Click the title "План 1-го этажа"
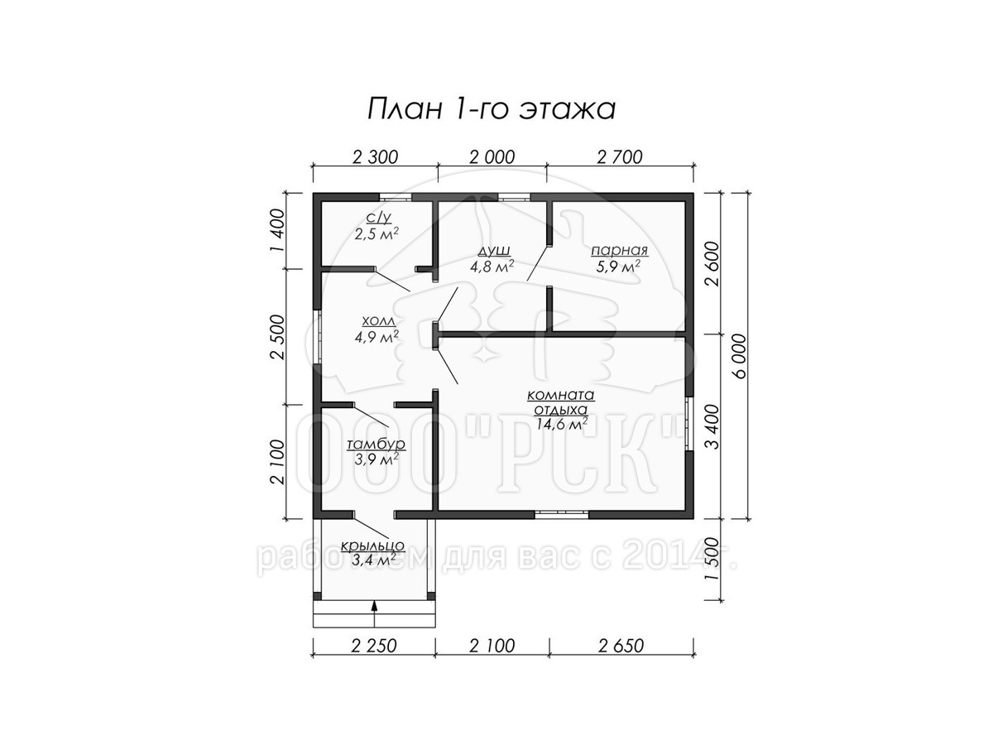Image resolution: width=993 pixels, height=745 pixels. pos(492,109)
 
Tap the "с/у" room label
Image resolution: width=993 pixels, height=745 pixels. pos(378,218)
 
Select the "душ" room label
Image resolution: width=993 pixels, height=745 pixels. pos(492,251)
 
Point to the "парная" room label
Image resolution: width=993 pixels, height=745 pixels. pos(619,251)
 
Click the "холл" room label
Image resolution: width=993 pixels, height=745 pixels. pos(378,321)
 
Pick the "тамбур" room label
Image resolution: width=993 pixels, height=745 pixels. pos(376,445)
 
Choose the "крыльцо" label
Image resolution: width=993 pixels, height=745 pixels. pos(372,546)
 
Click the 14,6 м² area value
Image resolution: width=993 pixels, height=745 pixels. pos(562,424)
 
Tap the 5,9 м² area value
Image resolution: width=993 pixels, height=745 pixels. pos(618,267)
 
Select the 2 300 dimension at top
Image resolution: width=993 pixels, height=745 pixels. pos(375,157)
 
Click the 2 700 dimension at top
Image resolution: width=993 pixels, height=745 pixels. pos(619,157)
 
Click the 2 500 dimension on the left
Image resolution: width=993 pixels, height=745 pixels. pos(279,337)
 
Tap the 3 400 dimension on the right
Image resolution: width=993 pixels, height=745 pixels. pos(712,426)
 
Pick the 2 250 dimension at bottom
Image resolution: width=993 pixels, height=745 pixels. pos(373,646)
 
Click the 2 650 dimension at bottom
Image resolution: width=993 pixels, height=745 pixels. pos(621,646)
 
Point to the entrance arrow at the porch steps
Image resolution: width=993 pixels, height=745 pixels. pos(375,614)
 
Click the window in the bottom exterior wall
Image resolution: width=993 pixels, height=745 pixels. pos(561,513)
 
